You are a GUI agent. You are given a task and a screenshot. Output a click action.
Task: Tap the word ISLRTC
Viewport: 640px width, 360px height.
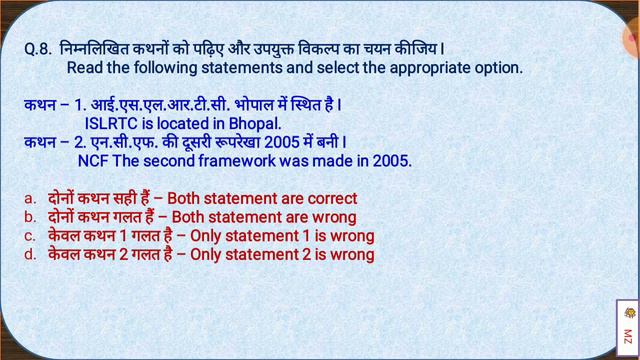point(112,122)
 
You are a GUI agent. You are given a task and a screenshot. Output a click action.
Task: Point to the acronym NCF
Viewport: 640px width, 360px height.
point(95,159)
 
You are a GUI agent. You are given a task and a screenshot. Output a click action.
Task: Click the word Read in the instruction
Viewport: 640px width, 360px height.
point(87,69)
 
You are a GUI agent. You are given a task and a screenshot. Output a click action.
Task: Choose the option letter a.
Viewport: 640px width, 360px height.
point(30,199)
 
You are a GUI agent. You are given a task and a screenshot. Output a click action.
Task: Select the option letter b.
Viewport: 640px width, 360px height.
point(30,217)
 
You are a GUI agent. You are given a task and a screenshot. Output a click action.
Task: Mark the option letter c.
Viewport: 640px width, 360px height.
point(30,236)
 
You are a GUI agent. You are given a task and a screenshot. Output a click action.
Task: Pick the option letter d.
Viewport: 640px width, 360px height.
point(30,255)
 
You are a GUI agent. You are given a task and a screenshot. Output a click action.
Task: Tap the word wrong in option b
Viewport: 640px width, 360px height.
point(333,217)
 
